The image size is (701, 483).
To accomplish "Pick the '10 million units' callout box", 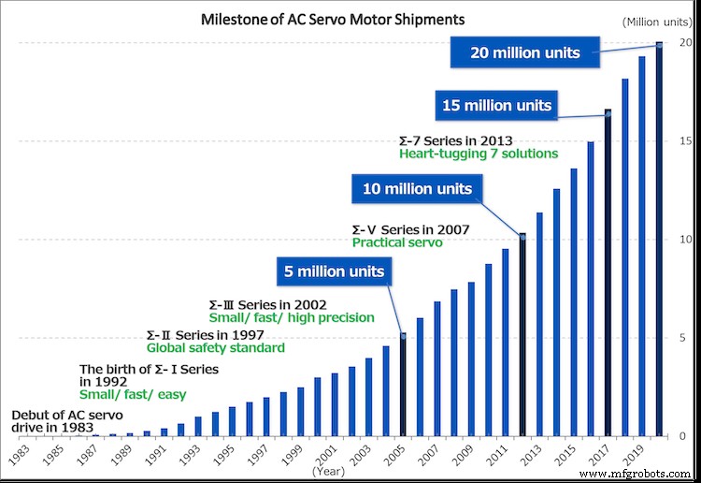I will pos(416,189).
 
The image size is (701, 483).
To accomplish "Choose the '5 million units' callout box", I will pos(336,272).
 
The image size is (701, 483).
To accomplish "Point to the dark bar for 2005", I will pos(403,385).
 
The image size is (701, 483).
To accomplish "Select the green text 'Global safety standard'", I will pos(216,348).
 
